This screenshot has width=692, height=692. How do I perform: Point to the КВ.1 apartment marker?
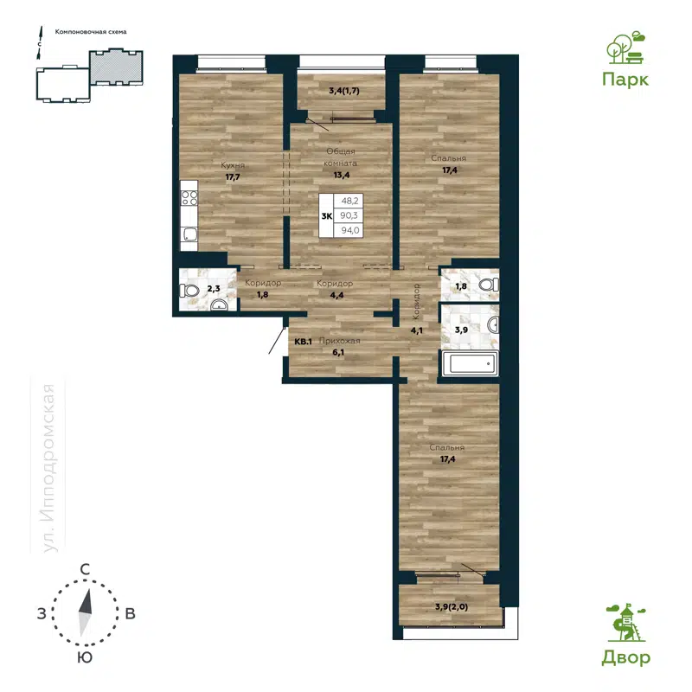tap(304, 341)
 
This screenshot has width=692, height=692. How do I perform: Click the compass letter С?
tap(86, 569)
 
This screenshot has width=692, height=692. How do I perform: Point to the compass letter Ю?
tap(86, 658)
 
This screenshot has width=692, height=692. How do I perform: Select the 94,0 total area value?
tap(350, 229)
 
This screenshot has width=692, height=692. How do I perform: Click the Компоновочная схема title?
tap(91, 31)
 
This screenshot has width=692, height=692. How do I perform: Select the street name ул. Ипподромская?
tap(51, 467)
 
